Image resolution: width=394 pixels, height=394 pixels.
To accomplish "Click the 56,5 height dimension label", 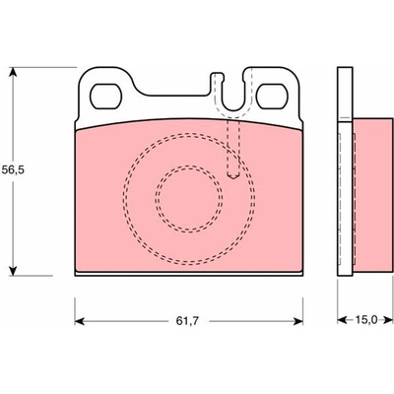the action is pos(13,170).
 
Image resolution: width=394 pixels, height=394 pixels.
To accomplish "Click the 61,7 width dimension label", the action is pos(187,321).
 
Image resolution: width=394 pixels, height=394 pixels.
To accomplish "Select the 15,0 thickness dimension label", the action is pos(366,319).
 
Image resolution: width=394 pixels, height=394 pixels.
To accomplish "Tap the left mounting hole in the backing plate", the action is pos(105,97).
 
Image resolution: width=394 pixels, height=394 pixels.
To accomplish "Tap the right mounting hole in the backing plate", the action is pos(272,97).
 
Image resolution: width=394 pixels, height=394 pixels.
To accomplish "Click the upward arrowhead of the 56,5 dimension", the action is pos(13,73).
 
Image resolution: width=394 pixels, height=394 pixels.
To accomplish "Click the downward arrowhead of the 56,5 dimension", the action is pos(13,270).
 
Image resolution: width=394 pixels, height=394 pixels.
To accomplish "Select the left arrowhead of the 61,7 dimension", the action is pos(80,321).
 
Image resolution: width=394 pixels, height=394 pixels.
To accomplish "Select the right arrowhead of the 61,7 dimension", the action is pos(297,321).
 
